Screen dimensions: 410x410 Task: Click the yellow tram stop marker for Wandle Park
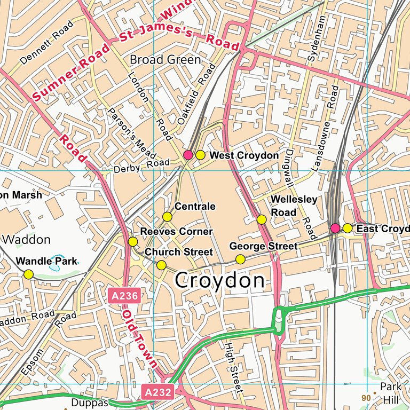coord(28,274)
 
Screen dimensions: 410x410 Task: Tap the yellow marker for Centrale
coord(167,217)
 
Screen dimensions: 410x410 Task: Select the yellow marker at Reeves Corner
coord(133,242)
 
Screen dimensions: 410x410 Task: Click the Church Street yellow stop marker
coord(161,265)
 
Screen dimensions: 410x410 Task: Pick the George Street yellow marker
coord(240,259)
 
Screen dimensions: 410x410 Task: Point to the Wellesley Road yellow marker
coord(262,219)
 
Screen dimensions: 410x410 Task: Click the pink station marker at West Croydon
coord(188,155)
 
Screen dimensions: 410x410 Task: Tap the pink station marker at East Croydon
coord(335,228)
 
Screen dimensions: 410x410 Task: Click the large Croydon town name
coord(219,281)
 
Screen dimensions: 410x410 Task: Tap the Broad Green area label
coord(165,59)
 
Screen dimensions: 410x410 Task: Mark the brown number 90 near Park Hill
coord(366,398)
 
